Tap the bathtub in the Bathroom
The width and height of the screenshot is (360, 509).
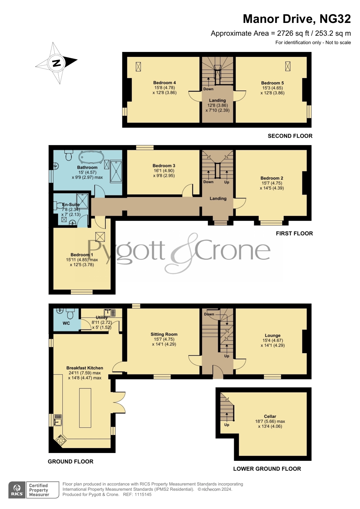tap(91, 157)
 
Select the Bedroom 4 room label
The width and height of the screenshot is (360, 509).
tap(164, 83)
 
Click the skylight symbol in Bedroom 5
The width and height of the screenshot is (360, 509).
tap(288, 66)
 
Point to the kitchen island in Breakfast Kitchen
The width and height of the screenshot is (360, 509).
tap(85, 408)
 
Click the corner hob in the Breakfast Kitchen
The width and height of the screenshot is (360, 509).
tap(60, 441)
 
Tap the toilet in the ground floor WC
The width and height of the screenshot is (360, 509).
tap(70, 314)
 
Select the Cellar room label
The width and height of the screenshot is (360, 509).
tap(270, 416)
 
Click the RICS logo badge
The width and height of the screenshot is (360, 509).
tap(17, 490)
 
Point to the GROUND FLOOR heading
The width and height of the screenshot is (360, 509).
tap(70, 461)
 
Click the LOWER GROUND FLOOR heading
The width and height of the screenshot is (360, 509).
tap(267, 469)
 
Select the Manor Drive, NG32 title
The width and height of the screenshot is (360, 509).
tap(297, 19)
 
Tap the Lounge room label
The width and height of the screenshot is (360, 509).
tap(273, 335)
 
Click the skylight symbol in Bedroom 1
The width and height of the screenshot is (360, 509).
tap(100, 237)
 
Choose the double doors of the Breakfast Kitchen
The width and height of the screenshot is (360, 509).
tap(119, 402)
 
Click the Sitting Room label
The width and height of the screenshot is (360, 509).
tap(164, 334)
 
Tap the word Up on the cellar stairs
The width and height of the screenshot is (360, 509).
tap(227, 425)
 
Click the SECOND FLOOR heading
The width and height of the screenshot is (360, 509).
tap(290, 136)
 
